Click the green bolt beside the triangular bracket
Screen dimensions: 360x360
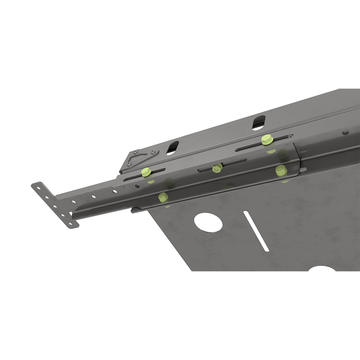click(x=146, y=172)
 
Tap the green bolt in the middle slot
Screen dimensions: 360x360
click(x=217, y=167)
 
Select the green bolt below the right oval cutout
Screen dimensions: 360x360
click(x=266, y=139)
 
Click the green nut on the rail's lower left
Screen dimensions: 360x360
click(x=163, y=197)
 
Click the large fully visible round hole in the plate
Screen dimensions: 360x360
click(x=208, y=222)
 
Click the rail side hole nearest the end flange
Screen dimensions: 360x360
click(x=73, y=202)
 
